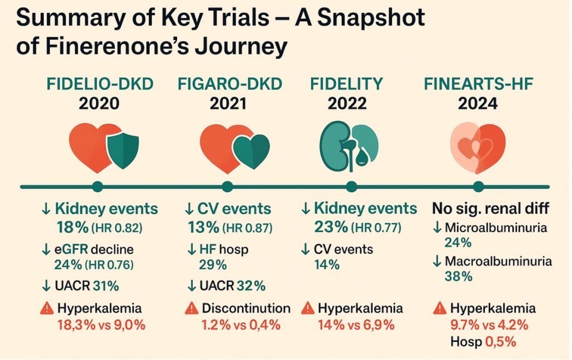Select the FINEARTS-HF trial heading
(478, 84)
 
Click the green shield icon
(123, 146)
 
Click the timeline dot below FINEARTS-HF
(479, 186)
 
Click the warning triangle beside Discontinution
(192, 309)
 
